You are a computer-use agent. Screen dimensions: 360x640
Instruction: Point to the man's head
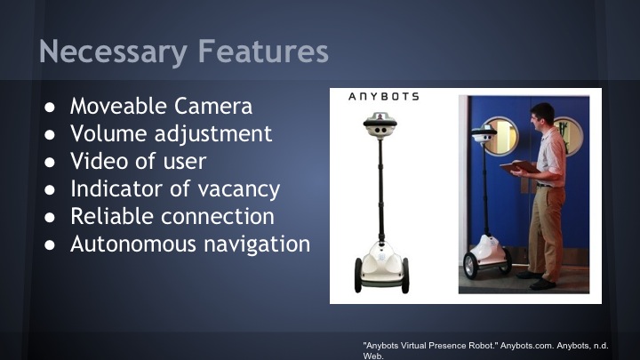pos(544,116)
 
